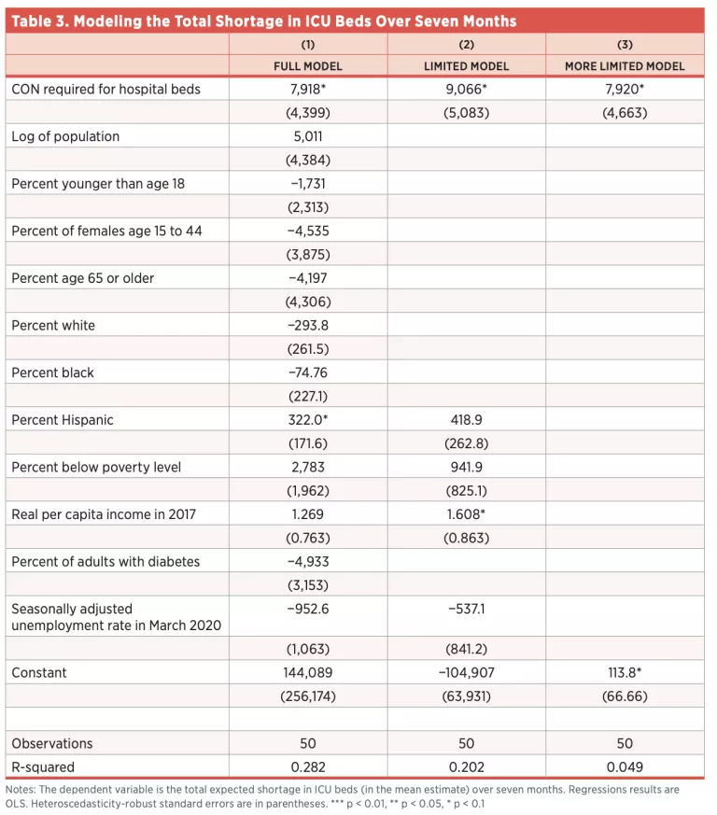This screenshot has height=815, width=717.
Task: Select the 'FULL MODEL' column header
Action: click(308, 66)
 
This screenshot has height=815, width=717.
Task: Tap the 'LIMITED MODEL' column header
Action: click(466, 66)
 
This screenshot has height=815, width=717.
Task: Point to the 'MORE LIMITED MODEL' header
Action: click(625, 66)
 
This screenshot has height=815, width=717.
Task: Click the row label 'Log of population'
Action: click(65, 136)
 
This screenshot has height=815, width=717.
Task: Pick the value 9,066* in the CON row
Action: click(466, 90)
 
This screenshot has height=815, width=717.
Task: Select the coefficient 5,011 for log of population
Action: click(308, 136)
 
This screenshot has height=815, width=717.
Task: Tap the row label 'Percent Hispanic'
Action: click(63, 420)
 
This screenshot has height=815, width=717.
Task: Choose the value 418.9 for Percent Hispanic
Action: click(466, 420)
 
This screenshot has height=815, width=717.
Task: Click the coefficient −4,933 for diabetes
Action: click(308, 561)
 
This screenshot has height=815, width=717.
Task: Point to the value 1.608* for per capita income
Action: click(466, 514)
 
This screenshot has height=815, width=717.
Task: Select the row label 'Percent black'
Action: click(53, 372)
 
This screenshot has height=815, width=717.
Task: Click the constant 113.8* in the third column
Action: click(625, 672)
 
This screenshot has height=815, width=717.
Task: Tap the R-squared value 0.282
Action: click(308, 767)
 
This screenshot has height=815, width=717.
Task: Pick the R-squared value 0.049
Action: click(625, 767)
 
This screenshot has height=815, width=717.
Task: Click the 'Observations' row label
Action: click(52, 744)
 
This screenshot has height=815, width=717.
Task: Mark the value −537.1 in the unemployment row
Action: click(466, 609)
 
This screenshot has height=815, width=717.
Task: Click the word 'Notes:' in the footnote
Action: click(21, 790)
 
